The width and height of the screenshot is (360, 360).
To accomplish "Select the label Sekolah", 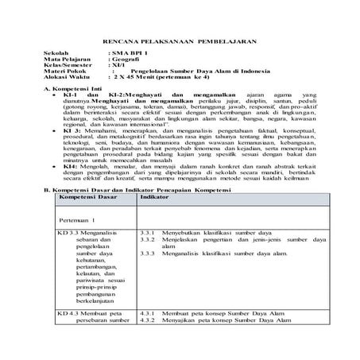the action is point(56,52).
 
